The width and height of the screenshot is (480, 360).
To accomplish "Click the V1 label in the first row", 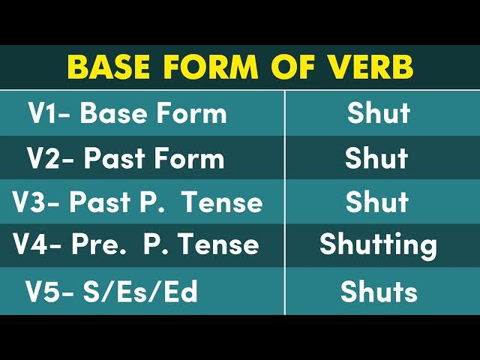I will (x=45, y=113).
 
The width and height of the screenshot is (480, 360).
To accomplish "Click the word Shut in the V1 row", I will (x=379, y=113).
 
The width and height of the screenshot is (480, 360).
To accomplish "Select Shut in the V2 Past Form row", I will (x=376, y=158).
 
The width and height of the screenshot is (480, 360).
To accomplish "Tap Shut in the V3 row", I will (x=377, y=202).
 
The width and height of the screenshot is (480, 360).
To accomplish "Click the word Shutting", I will (x=378, y=245).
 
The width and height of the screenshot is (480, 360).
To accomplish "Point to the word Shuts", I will (x=379, y=292).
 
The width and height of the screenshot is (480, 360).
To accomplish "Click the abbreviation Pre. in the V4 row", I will (x=109, y=244).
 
